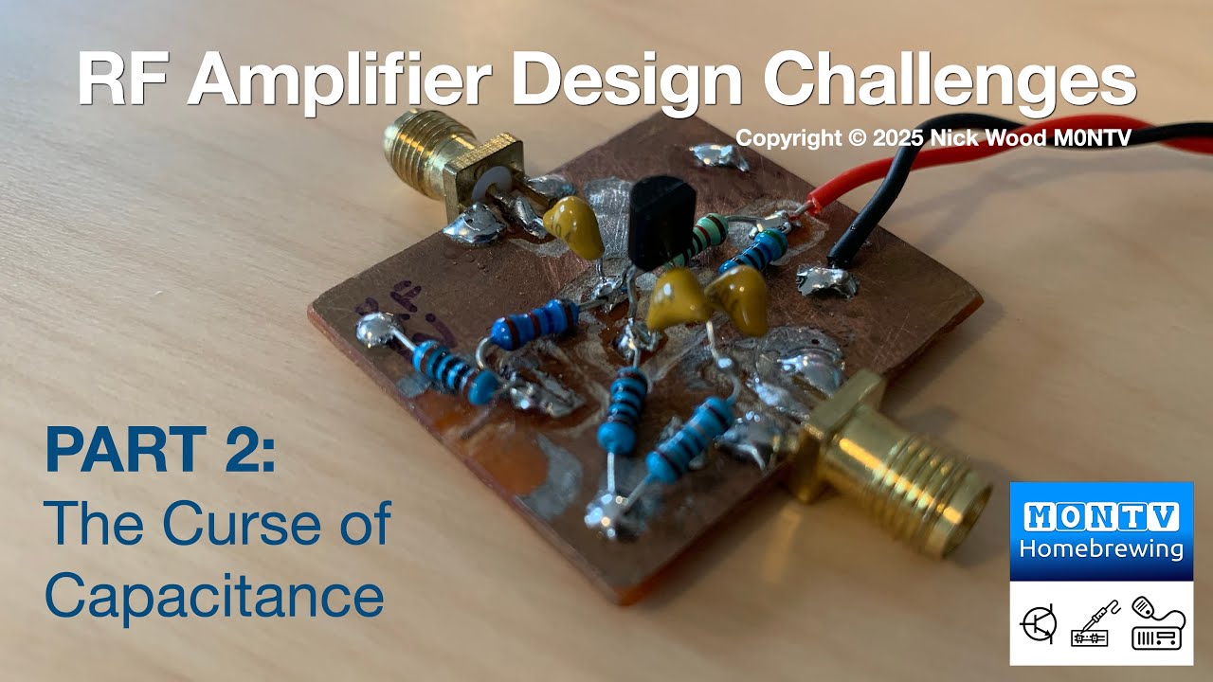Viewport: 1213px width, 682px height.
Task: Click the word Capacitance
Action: (214, 597)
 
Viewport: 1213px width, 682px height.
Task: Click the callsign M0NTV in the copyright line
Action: (1089, 137)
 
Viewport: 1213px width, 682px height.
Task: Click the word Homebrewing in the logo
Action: (1100, 548)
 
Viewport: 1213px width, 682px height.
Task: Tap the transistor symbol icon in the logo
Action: (1039, 626)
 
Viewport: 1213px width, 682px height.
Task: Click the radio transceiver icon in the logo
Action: (1157, 626)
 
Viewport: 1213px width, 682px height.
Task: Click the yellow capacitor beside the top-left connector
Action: (574, 228)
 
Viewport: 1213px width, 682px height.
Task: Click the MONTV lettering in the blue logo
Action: (1100, 516)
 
